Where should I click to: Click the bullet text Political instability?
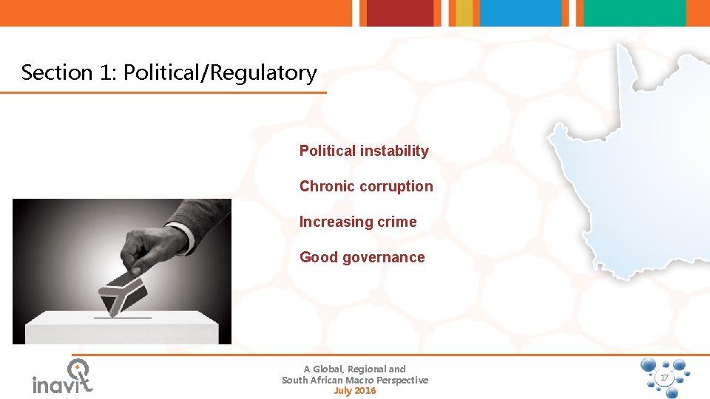click(364, 151)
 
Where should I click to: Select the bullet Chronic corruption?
click(366, 186)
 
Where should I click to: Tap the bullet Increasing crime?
click(358, 222)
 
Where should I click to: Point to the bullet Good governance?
click(362, 257)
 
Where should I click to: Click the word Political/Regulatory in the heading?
click(220, 72)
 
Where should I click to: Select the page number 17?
click(663, 378)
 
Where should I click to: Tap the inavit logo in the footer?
click(62, 378)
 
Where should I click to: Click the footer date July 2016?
click(355, 391)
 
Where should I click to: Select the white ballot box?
click(121, 328)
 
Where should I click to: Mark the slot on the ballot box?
click(122, 318)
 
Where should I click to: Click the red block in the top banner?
click(400, 13)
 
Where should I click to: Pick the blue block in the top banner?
click(521, 13)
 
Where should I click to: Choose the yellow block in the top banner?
click(464, 13)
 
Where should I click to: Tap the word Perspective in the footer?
click(399, 380)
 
